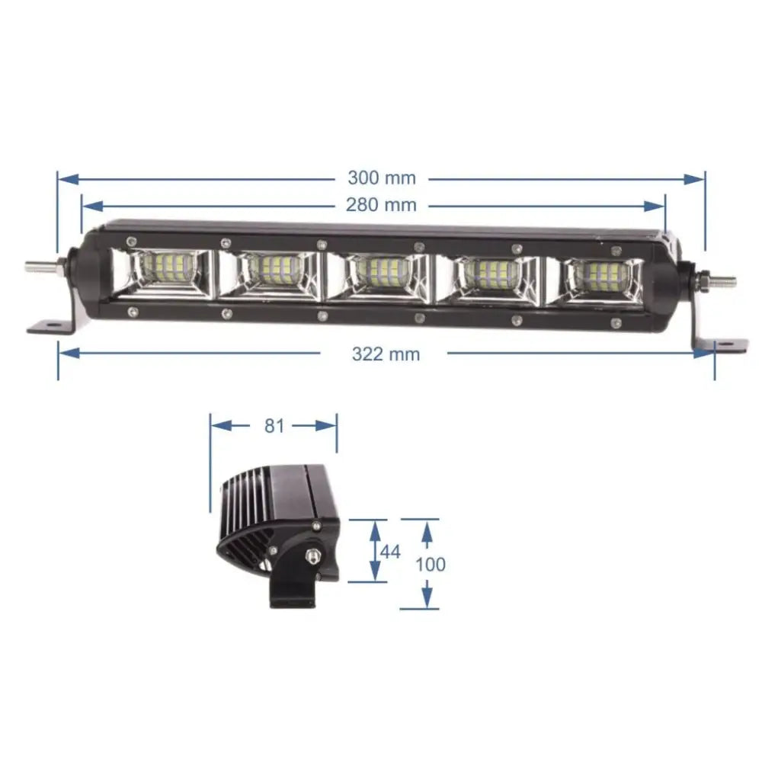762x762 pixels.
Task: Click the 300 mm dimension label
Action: pyautogui.click(x=382, y=178)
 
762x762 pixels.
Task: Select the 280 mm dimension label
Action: pyautogui.click(x=382, y=205)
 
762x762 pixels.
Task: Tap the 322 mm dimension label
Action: pyautogui.click(x=385, y=354)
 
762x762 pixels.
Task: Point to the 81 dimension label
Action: pyautogui.click(x=274, y=426)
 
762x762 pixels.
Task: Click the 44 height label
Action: pyautogui.click(x=390, y=552)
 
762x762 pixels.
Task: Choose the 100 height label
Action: pyautogui.click(x=431, y=565)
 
